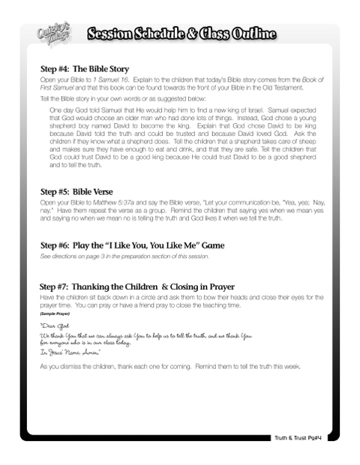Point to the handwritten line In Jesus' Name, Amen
73,352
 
